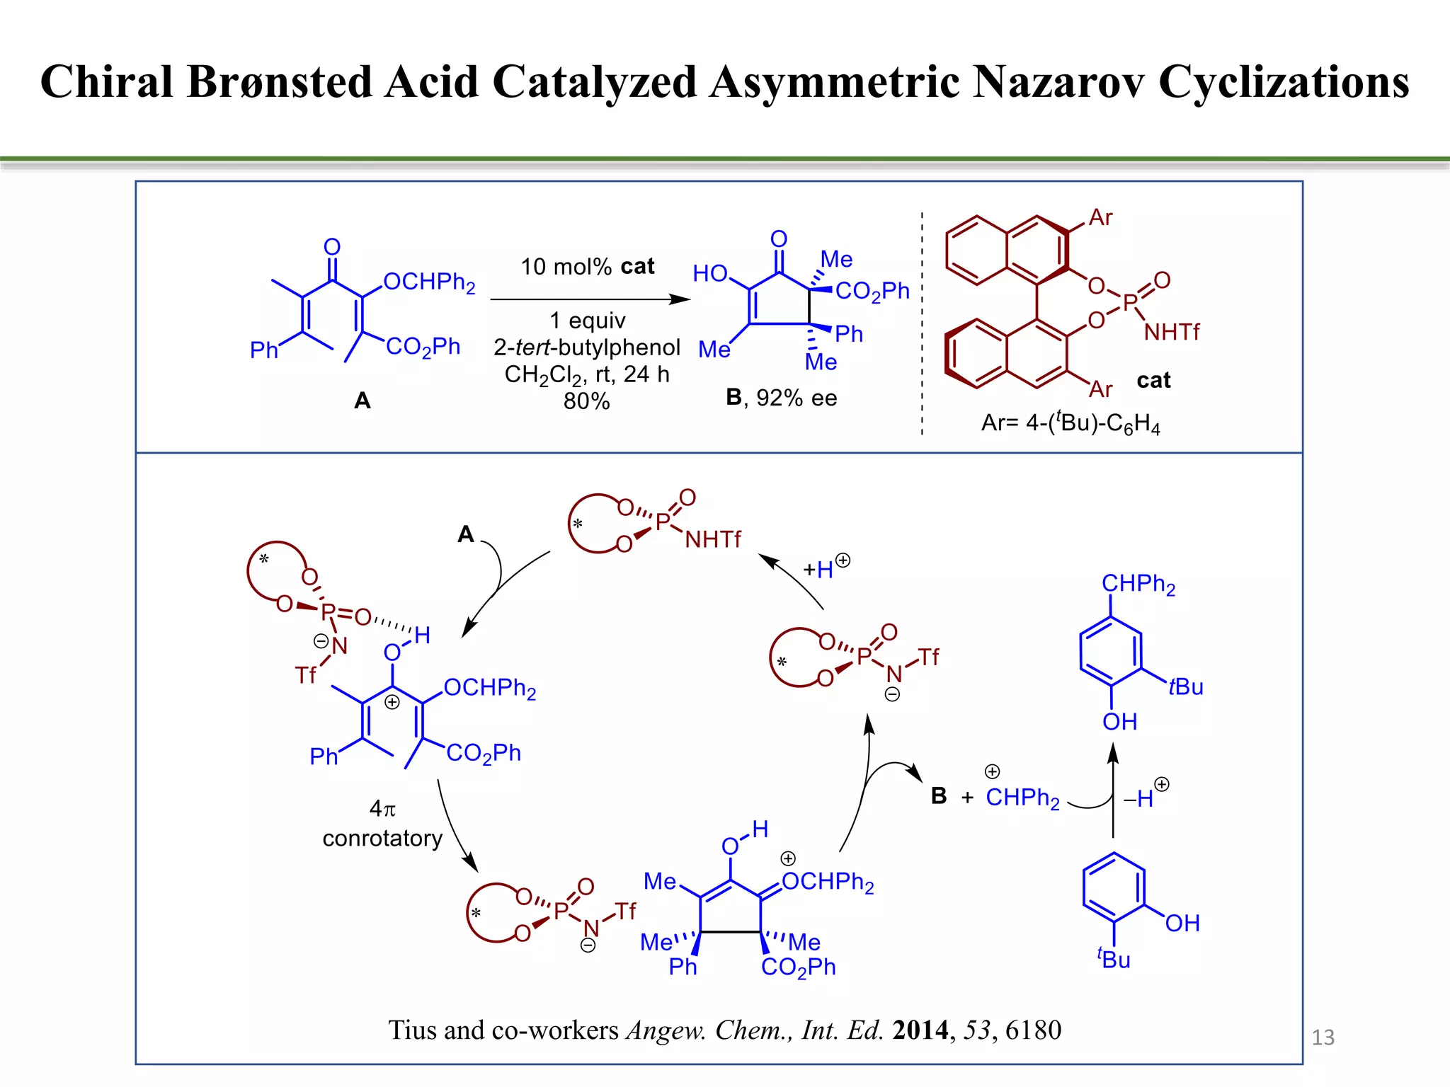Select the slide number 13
click(x=1323, y=1037)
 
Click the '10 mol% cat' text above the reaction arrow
click(x=587, y=267)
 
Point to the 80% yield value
click(x=586, y=401)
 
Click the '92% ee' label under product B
click(x=796, y=398)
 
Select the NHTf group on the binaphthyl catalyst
click(x=1171, y=332)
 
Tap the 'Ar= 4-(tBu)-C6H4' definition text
click(x=1071, y=423)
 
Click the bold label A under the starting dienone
click(x=362, y=401)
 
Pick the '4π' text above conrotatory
click(x=382, y=808)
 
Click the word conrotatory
click(x=382, y=839)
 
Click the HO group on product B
click(x=710, y=273)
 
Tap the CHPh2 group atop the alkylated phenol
click(x=1138, y=584)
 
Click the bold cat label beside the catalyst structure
click(x=1153, y=381)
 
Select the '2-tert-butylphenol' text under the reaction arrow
click(x=587, y=347)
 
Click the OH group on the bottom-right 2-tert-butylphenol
click(x=1182, y=924)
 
